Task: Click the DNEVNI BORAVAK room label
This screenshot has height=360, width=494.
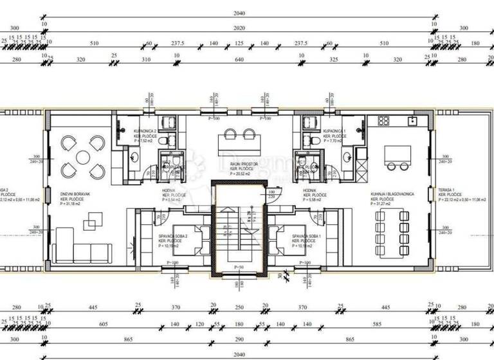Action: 73,197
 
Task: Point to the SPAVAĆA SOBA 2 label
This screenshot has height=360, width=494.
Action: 172,236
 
